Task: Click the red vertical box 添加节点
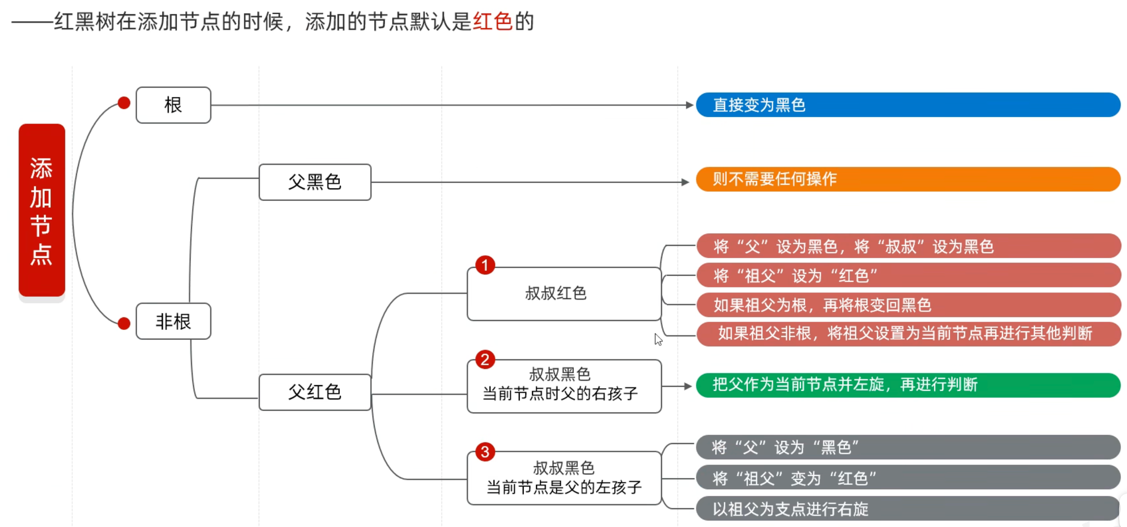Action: (x=42, y=211)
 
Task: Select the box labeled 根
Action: (x=173, y=105)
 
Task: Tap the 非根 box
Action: (x=173, y=321)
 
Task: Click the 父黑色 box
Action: (x=315, y=182)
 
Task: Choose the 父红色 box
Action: (x=315, y=392)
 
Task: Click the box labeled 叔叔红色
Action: (x=563, y=293)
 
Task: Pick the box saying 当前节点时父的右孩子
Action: (x=563, y=386)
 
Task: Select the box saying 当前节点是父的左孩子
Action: (x=563, y=478)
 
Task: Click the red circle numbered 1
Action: (x=485, y=265)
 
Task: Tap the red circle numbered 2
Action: (x=485, y=359)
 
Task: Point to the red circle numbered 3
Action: (x=485, y=452)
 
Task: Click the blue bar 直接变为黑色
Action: (x=908, y=105)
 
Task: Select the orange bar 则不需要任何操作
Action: (x=908, y=179)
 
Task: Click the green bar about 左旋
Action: (x=908, y=385)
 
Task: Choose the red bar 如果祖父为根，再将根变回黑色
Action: (x=908, y=305)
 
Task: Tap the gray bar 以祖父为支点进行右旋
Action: (x=908, y=509)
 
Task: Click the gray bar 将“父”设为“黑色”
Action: (x=908, y=447)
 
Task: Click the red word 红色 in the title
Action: (x=492, y=21)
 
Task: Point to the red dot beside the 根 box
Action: (x=124, y=103)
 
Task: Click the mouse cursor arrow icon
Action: (x=658, y=339)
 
